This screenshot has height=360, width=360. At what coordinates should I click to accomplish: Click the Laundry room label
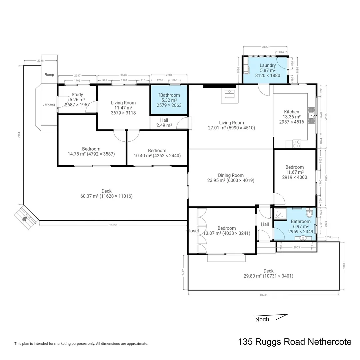tap(267, 65)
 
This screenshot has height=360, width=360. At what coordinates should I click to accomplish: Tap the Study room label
tap(77, 95)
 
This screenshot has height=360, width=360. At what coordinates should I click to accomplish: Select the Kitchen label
tap(291, 112)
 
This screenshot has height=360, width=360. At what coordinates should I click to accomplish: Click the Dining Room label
tap(231, 175)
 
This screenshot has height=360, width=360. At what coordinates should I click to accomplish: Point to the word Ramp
tap(49, 75)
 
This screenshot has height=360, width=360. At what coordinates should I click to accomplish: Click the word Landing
tap(49, 104)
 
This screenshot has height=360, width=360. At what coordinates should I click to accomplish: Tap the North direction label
tap(262, 319)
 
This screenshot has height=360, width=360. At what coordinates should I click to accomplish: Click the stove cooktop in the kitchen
tap(296, 144)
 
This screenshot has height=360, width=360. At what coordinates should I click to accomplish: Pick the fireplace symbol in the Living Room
tap(229, 94)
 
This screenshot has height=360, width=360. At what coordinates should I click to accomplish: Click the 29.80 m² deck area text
tap(268, 276)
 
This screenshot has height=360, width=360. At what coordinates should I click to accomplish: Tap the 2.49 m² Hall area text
tap(164, 125)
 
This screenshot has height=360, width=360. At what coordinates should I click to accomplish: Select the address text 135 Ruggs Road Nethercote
tap(295, 342)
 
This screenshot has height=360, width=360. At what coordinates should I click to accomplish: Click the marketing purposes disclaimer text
tap(81, 343)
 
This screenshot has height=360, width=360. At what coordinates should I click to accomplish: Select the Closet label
tap(193, 231)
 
